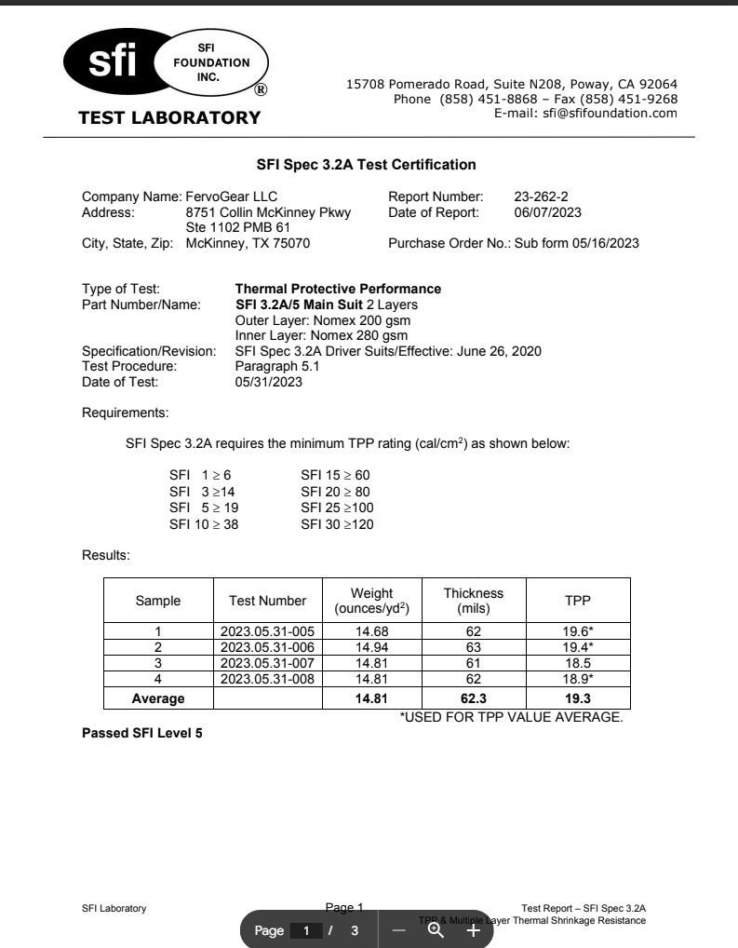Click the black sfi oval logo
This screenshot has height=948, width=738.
[112, 63]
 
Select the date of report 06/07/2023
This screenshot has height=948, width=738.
[548, 212]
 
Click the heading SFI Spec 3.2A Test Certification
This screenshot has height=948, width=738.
[367, 165]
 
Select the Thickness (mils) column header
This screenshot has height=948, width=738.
[474, 601]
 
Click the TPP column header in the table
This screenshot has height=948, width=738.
[578, 601]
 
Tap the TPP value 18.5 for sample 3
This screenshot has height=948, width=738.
[578, 661]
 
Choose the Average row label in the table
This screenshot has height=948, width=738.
[158, 697]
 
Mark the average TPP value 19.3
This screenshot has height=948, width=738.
[578, 697]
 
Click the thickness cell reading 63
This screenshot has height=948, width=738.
[474, 646]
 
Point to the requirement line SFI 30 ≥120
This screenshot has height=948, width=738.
[337, 524]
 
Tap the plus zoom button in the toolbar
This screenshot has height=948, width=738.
[473, 930]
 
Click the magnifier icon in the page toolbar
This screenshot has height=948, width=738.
[436, 929]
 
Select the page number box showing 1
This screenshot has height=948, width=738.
[304, 930]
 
